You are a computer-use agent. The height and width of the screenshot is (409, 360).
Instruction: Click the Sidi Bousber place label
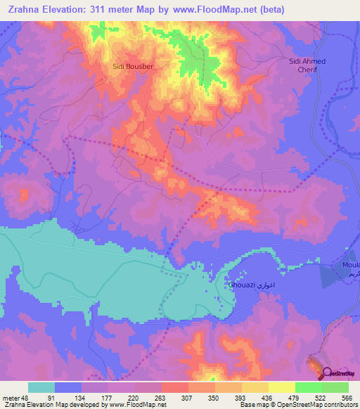click(133, 66)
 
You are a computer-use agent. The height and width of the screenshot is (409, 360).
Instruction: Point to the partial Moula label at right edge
click(350, 264)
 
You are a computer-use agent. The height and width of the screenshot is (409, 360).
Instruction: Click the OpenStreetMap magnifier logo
click(327, 373)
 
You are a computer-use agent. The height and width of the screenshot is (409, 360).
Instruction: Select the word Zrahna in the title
click(25, 10)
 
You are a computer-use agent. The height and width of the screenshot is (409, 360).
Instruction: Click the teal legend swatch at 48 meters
click(41, 387)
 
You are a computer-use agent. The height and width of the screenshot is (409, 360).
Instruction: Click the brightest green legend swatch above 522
click(335, 387)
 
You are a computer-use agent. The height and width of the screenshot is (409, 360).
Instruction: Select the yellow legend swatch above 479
click(281, 387)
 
